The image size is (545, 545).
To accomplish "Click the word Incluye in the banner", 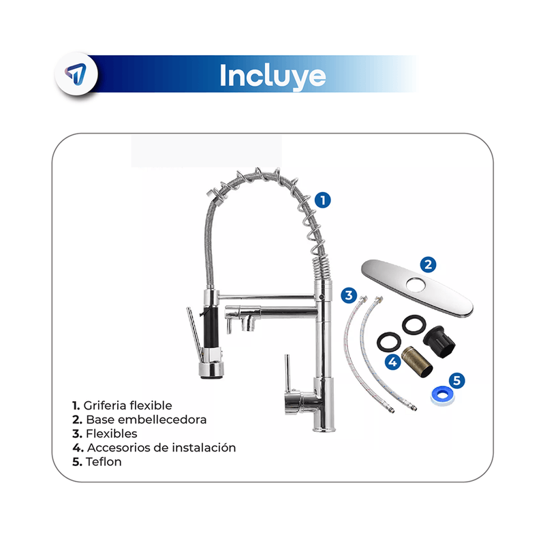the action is pos(273,76).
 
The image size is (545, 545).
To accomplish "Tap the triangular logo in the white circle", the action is pos(76,74).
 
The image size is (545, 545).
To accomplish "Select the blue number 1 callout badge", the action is pos(322,200).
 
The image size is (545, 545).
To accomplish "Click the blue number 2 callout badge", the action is pos(429,265).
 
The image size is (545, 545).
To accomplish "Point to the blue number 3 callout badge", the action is pos(349,296).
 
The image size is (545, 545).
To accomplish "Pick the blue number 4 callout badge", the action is pos(393,362).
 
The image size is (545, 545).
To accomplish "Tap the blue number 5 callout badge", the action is pos(456,380).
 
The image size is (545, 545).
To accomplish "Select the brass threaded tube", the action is pos(417,362).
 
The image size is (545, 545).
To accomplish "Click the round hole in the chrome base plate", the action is pos(416,285).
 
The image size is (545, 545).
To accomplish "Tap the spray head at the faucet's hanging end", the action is pos(211,369).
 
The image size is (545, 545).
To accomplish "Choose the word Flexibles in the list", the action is pos(111,433).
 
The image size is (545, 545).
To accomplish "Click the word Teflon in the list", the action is pos(104,462).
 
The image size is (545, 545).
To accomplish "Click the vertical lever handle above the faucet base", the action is pos(287,373).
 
